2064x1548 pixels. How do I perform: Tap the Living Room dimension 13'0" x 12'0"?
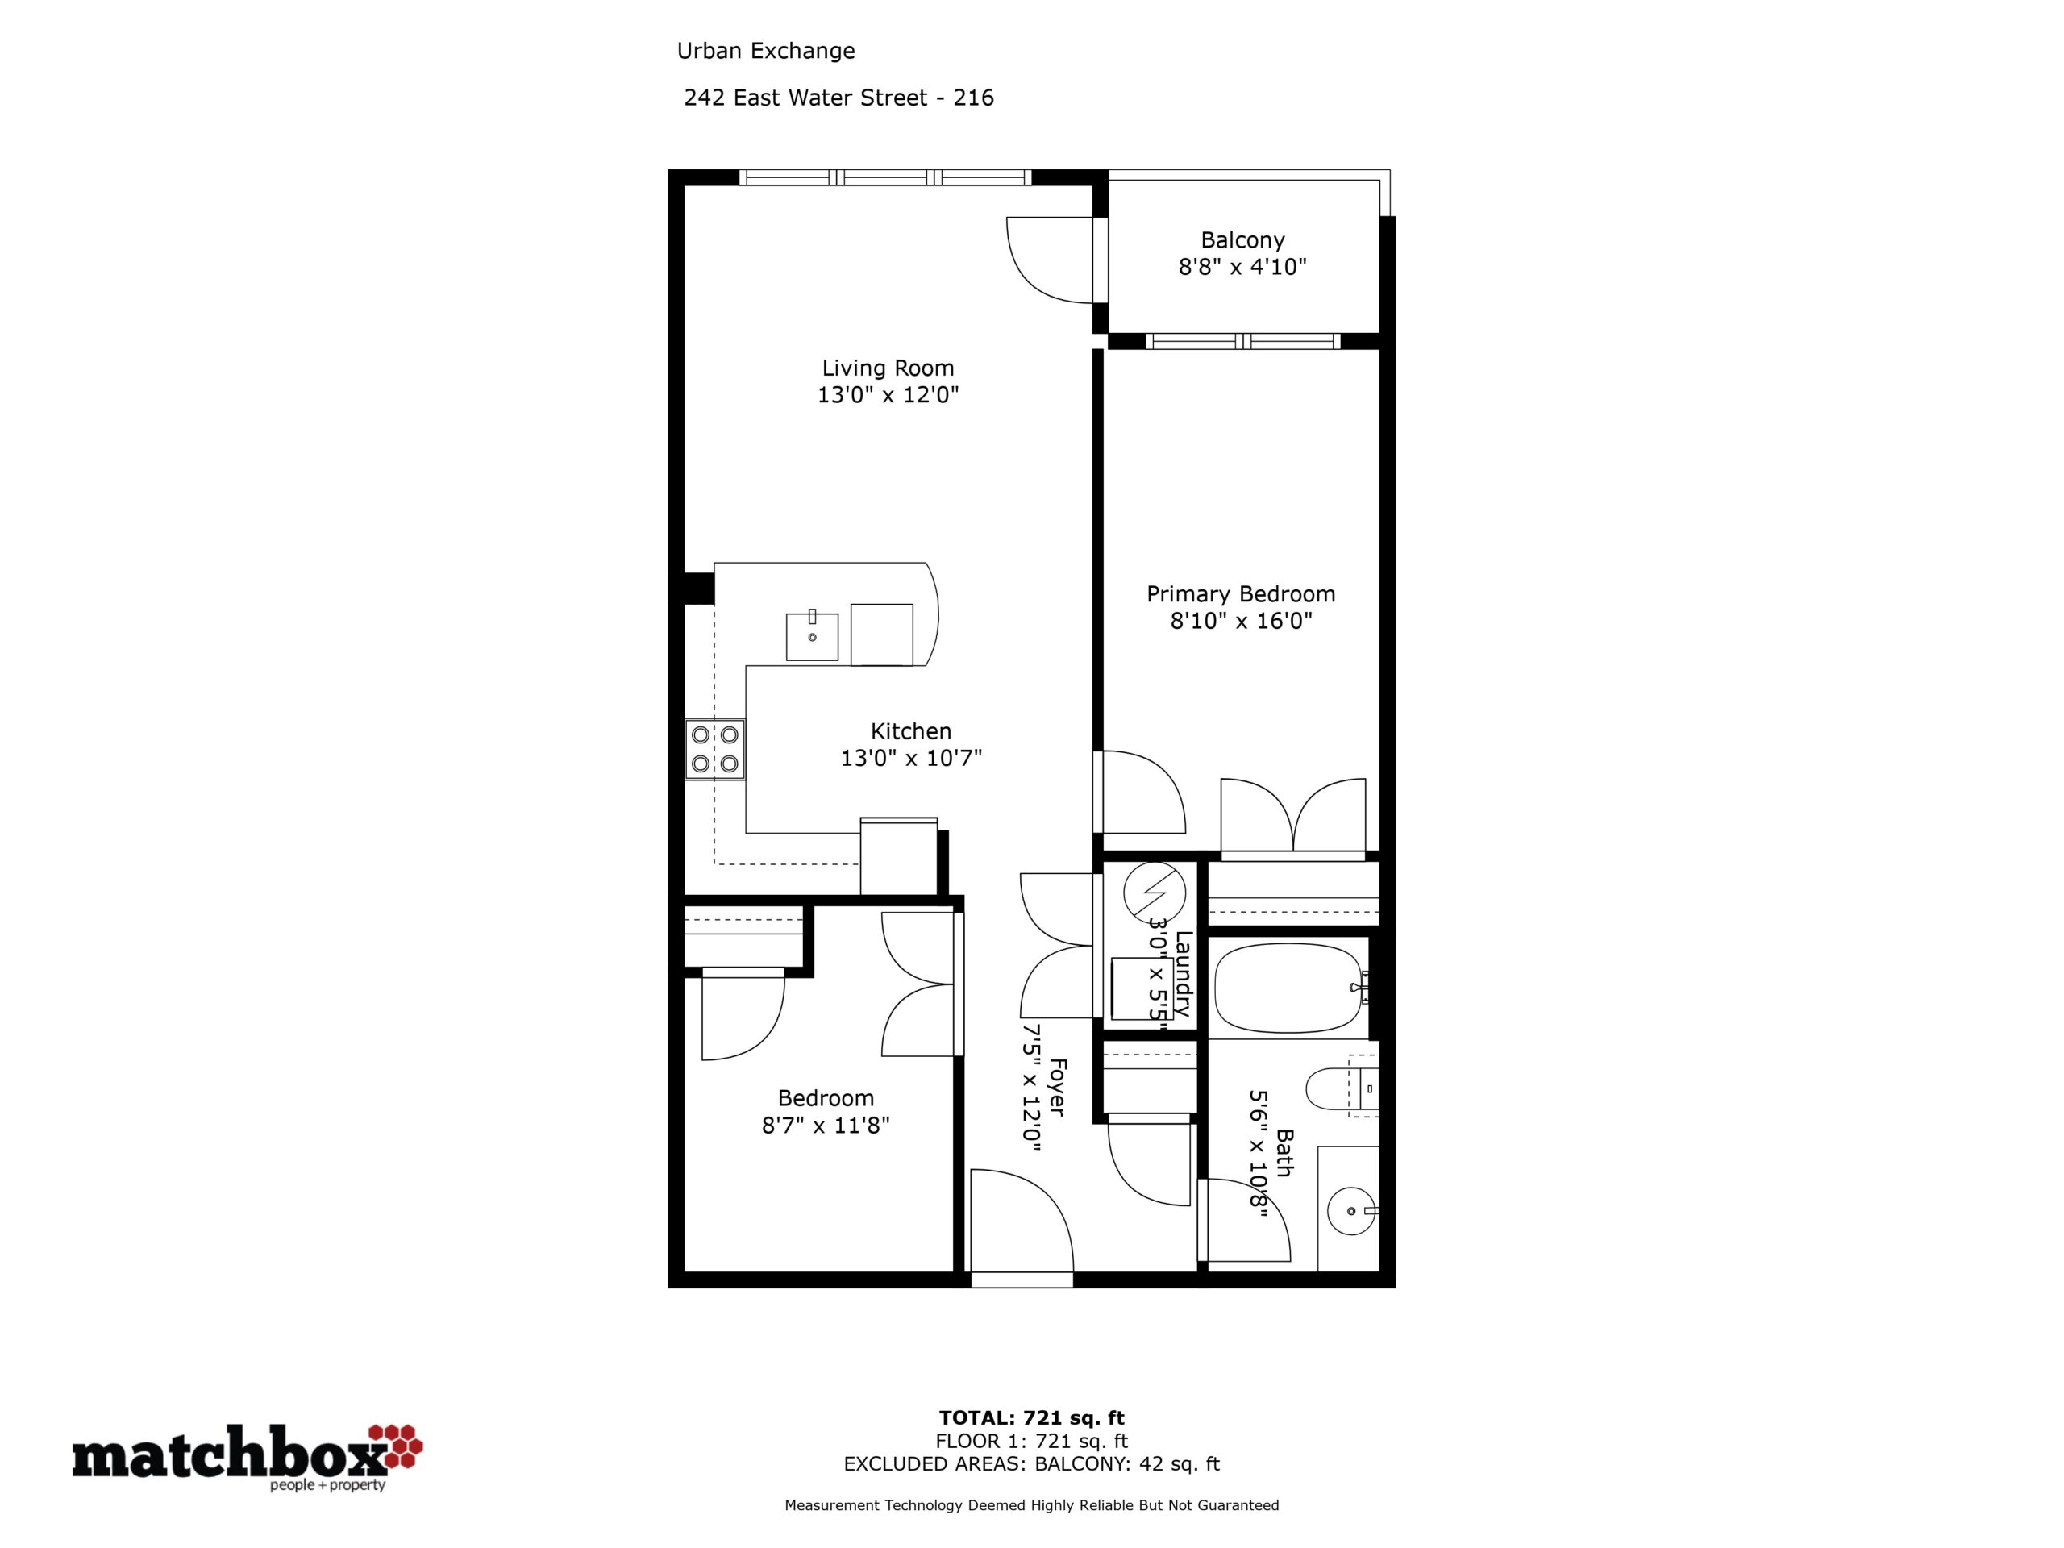pyautogui.click(x=888, y=395)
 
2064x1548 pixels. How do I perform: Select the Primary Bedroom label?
pyautogui.click(x=1241, y=594)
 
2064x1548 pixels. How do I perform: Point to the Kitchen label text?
pyautogui.click(x=911, y=731)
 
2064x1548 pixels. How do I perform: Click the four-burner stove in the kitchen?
pyautogui.click(x=715, y=749)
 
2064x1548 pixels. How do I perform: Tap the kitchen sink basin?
pyautogui.click(x=812, y=636)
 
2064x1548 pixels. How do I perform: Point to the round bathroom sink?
pyautogui.click(x=1350, y=1211)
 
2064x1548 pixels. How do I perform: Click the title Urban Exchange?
pyautogui.click(x=766, y=52)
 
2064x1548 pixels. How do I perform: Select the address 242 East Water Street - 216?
pyautogui.click(x=838, y=98)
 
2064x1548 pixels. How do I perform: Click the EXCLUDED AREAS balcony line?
pyautogui.click(x=1031, y=1464)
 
